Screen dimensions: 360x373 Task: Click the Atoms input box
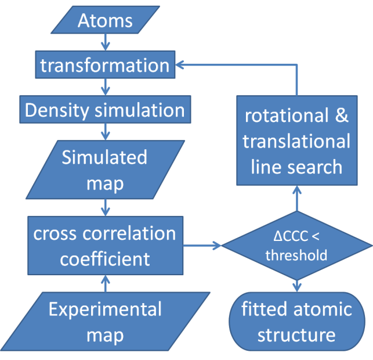tap(106, 21)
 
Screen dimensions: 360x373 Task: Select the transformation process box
tap(105, 64)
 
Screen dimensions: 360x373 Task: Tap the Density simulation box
tap(105, 110)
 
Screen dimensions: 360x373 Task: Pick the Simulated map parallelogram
tap(105, 170)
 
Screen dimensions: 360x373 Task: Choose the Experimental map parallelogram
tap(105, 322)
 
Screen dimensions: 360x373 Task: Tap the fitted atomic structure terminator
tap(297, 322)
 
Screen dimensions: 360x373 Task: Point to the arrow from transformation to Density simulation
tap(105, 87)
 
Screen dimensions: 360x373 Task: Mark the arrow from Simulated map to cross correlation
tap(105, 206)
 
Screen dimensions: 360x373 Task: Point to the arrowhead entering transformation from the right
tap(180, 64)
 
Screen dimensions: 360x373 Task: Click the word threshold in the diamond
tap(297, 255)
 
